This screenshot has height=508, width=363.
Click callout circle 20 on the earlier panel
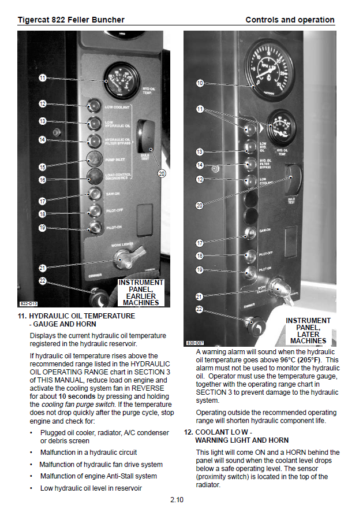pyautogui.click(x=162, y=173)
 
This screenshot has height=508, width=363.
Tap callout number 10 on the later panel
pyautogui.click(x=200, y=83)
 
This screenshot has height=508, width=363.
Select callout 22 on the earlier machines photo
pyautogui.click(x=42, y=280)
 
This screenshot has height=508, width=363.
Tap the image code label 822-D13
pyautogui.click(x=28, y=303)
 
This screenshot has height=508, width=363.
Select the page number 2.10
pyautogui.click(x=177, y=500)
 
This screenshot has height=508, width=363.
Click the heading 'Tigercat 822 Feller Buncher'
pyautogui.click(x=71, y=20)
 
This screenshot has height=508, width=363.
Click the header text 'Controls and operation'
pyautogui.click(x=290, y=20)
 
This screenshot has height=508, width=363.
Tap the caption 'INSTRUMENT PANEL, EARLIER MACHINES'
pyautogui.click(x=141, y=292)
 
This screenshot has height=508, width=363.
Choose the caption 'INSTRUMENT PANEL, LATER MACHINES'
pyautogui.click(x=308, y=331)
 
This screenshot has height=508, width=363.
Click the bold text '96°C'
pyautogui.click(x=291, y=359)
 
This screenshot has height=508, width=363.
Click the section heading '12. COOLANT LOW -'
pyautogui.click(x=222, y=432)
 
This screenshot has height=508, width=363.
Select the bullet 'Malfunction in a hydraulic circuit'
pyautogui.click(x=88, y=453)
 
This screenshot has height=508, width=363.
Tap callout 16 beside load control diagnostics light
pyautogui.click(x=42, y=180)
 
